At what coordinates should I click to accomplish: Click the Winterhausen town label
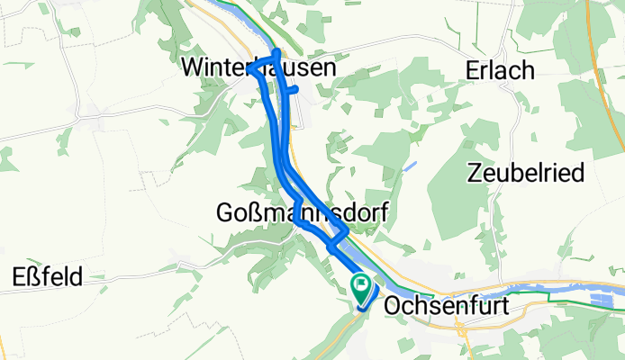tap(258, 67)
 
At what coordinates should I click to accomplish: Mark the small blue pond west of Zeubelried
tap(411, 166)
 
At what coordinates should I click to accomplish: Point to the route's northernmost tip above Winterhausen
tap(276, 52)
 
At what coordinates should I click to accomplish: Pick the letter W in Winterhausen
tap(192, 67)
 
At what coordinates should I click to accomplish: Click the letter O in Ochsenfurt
tap(392, 306)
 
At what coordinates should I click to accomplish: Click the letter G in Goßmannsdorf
tap(226, 212)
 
